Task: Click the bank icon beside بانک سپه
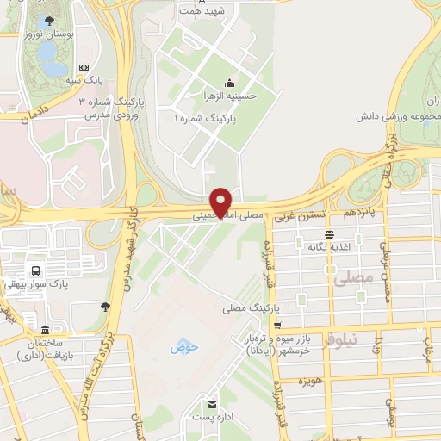(84, 67)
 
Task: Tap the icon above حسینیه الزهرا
(229, 84)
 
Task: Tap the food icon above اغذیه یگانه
(328, 233)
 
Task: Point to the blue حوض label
(184, 347)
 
